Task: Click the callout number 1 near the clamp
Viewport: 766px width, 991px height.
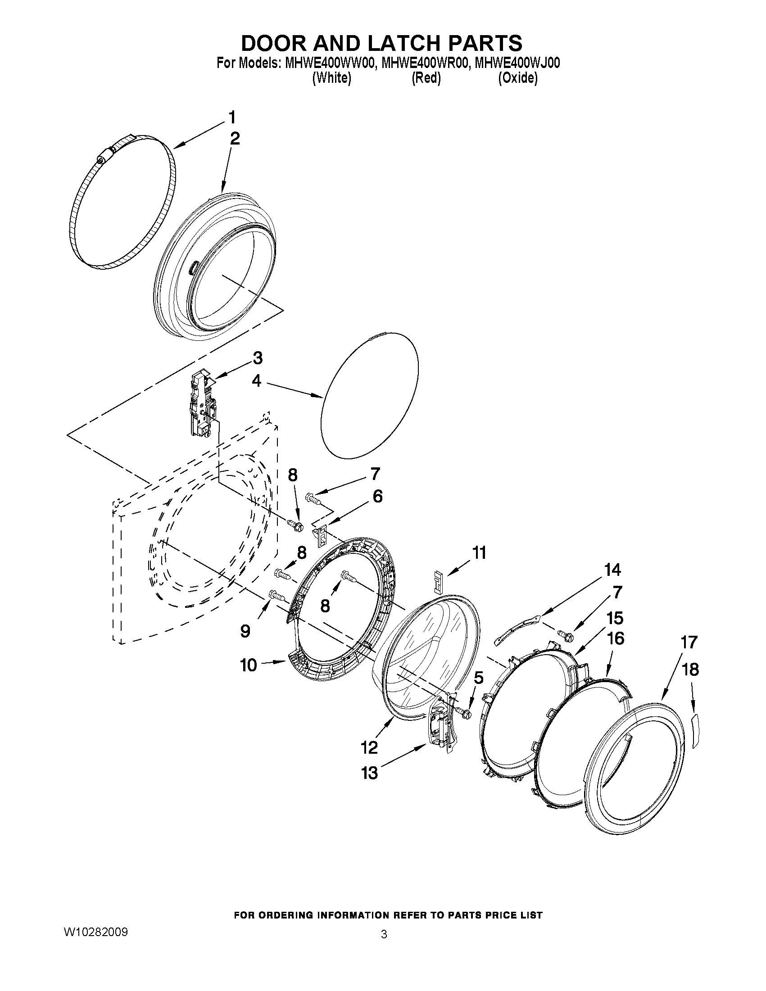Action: (232, 118)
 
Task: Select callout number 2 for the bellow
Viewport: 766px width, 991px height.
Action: (234, 138)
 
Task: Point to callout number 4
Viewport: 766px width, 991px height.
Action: (256, 381)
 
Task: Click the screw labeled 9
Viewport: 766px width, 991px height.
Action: (276, 595)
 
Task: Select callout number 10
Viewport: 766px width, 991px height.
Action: (249, 665)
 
